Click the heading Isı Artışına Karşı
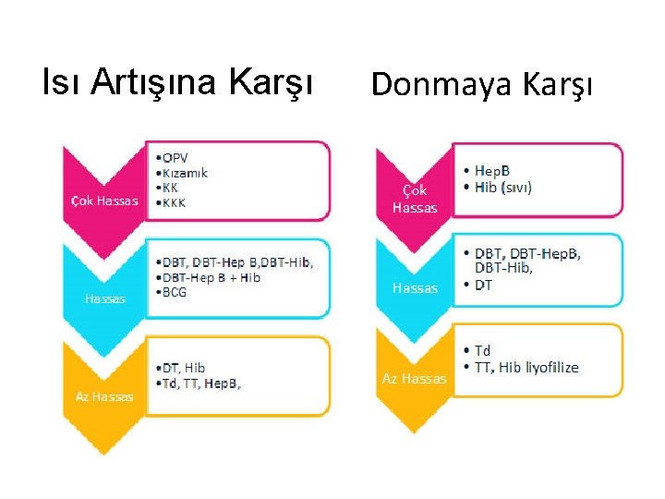point(178,82)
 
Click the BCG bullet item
point(173,292)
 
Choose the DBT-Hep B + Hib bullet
point(210,277)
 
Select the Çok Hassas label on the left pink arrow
point(104,201)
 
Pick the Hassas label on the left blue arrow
point(104,298)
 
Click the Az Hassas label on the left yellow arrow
point(104,396)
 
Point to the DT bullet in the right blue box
point(483,285)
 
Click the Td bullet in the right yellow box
point(482,351)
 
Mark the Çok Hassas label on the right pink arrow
point(415,199)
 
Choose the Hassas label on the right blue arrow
point(415,288)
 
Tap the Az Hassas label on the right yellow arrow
point(415,378)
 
